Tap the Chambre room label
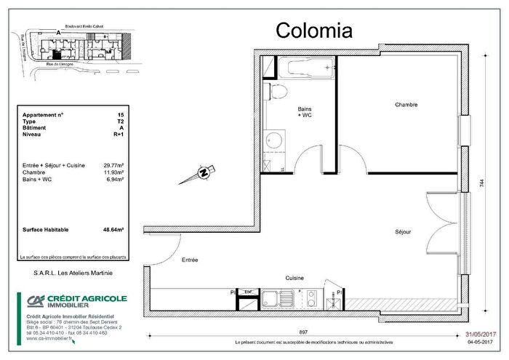pos(406,105)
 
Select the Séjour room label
pos(403,232)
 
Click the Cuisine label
pos(294,278)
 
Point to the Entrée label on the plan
pos(190,259)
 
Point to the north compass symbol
pos(204,173)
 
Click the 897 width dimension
pos(303,332)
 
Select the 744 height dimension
pos(481,185)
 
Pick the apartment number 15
pos(120,115)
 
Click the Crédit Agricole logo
pos(72,302)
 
